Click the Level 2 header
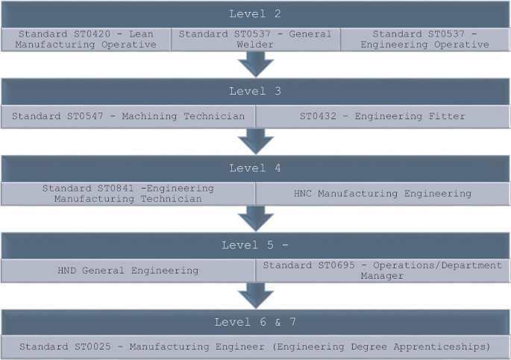(255, 14)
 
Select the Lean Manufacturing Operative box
(87, 40)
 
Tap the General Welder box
(255, 40)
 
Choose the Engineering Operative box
(424, 40)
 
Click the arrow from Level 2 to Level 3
(255, 65)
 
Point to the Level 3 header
(255, 91)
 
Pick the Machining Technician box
(128, 116)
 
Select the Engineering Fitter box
(383, 116)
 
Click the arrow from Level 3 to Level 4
(255, 142)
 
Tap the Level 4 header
(255, 168)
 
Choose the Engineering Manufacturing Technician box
(128, 194)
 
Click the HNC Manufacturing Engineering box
(383, 194)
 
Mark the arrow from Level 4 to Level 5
(255, 219)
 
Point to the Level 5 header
(255, 245)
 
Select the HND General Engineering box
(128, 271)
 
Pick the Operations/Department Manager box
(383, 271)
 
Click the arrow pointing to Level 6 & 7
(255, 296)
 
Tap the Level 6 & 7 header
(255, 322)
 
